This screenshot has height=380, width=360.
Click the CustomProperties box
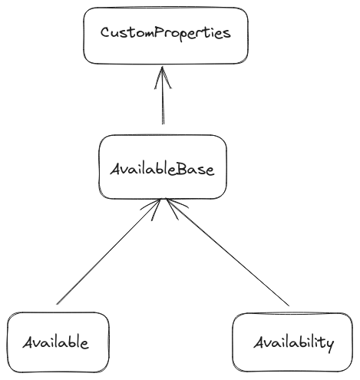click(166, 35)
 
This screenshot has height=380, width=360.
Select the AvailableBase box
click(163, 167)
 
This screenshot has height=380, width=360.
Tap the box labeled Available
click(58, 342)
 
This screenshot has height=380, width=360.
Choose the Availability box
click(292, 342)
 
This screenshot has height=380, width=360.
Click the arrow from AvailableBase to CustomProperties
click(163, 95)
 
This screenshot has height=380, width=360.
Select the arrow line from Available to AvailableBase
click(109, 252)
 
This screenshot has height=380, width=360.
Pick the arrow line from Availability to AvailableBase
click(228, 252)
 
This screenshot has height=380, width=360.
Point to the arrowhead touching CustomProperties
click(163, 77)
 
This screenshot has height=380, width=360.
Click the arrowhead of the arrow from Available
click(152, 209)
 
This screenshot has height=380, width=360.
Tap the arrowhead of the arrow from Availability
click(176, 208)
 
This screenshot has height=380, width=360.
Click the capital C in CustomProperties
click(105, 33)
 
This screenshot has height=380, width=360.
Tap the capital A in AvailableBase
click(116, 170)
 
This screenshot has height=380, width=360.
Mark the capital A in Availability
click(259, 342)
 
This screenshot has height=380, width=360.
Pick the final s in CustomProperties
click(226, 35)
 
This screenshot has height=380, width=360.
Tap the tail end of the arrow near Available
click(57, 305)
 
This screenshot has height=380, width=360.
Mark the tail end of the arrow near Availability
click(289, 306)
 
